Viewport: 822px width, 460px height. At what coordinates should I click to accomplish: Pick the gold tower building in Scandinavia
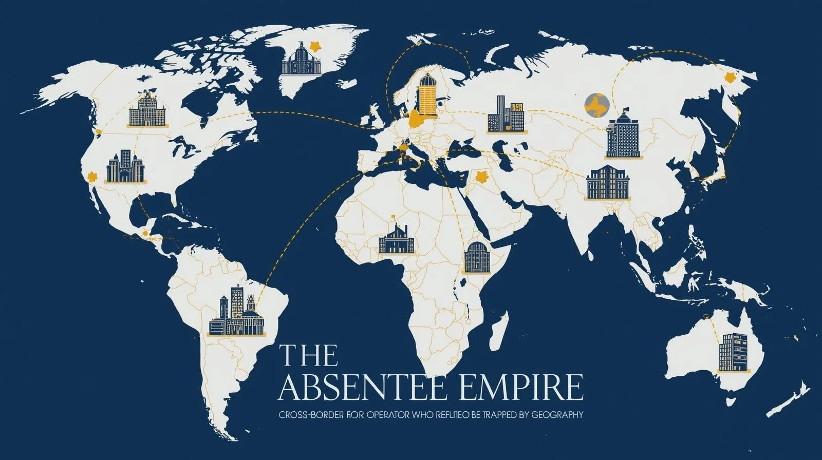(426, 93)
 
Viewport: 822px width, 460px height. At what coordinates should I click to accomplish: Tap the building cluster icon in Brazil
(238, 311)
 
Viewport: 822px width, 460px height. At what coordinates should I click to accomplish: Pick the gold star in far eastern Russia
(728, 78)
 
